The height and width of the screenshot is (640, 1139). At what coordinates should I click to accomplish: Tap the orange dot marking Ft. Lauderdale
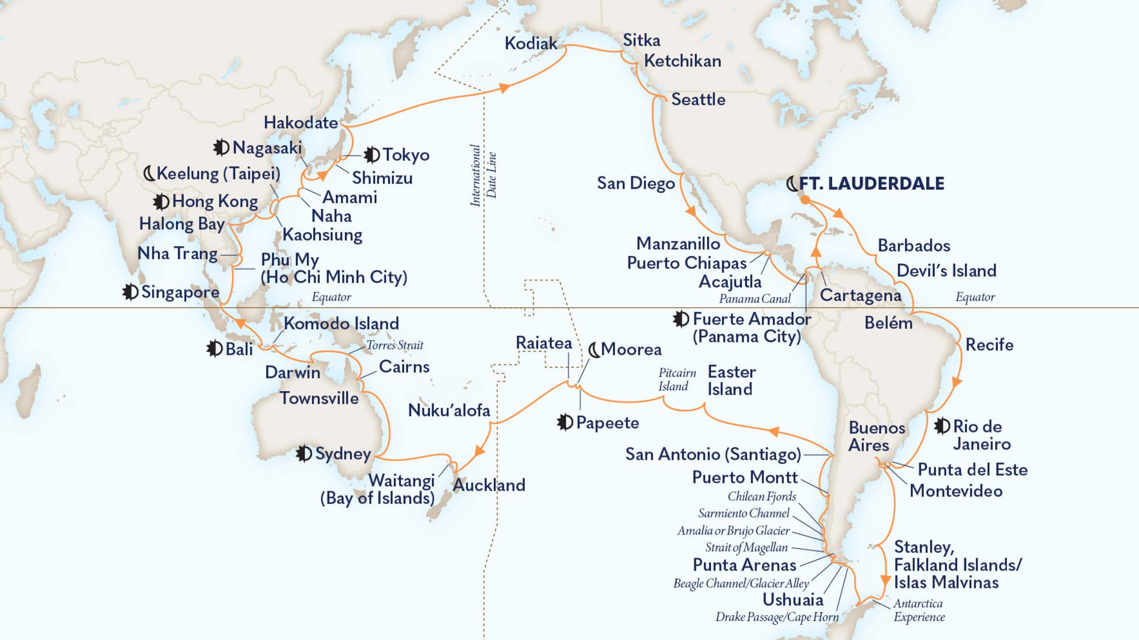(806, 200)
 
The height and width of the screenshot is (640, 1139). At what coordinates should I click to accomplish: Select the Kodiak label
(531, 43)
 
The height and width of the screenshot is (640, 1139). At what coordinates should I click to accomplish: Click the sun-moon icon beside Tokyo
(371, 154)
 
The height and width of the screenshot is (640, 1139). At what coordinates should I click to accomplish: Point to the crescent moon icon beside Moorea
(594, 350)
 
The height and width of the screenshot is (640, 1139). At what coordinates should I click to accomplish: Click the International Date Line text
(483, 175)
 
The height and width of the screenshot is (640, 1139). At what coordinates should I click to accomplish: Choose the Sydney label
(342, 454)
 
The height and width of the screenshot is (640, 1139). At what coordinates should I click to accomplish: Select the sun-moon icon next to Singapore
(130, 292)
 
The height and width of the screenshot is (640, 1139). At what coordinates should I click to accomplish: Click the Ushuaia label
(793, 599)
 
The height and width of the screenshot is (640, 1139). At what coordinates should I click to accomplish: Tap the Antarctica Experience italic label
(918, 610)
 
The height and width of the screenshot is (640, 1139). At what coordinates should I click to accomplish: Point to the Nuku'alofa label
(449, 410)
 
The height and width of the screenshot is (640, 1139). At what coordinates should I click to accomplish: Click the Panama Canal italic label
(754, 299)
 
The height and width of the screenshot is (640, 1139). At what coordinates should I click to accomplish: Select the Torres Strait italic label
(394, 345)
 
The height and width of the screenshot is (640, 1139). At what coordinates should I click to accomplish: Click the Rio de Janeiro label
(981, 435)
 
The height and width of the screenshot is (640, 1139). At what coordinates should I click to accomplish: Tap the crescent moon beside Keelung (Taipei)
(150, 173)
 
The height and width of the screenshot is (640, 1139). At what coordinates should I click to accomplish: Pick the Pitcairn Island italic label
(677, 379)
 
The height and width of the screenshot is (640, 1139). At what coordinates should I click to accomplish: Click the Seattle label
(698, 100)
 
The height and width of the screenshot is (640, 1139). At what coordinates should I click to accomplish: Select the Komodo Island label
(341, 323)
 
